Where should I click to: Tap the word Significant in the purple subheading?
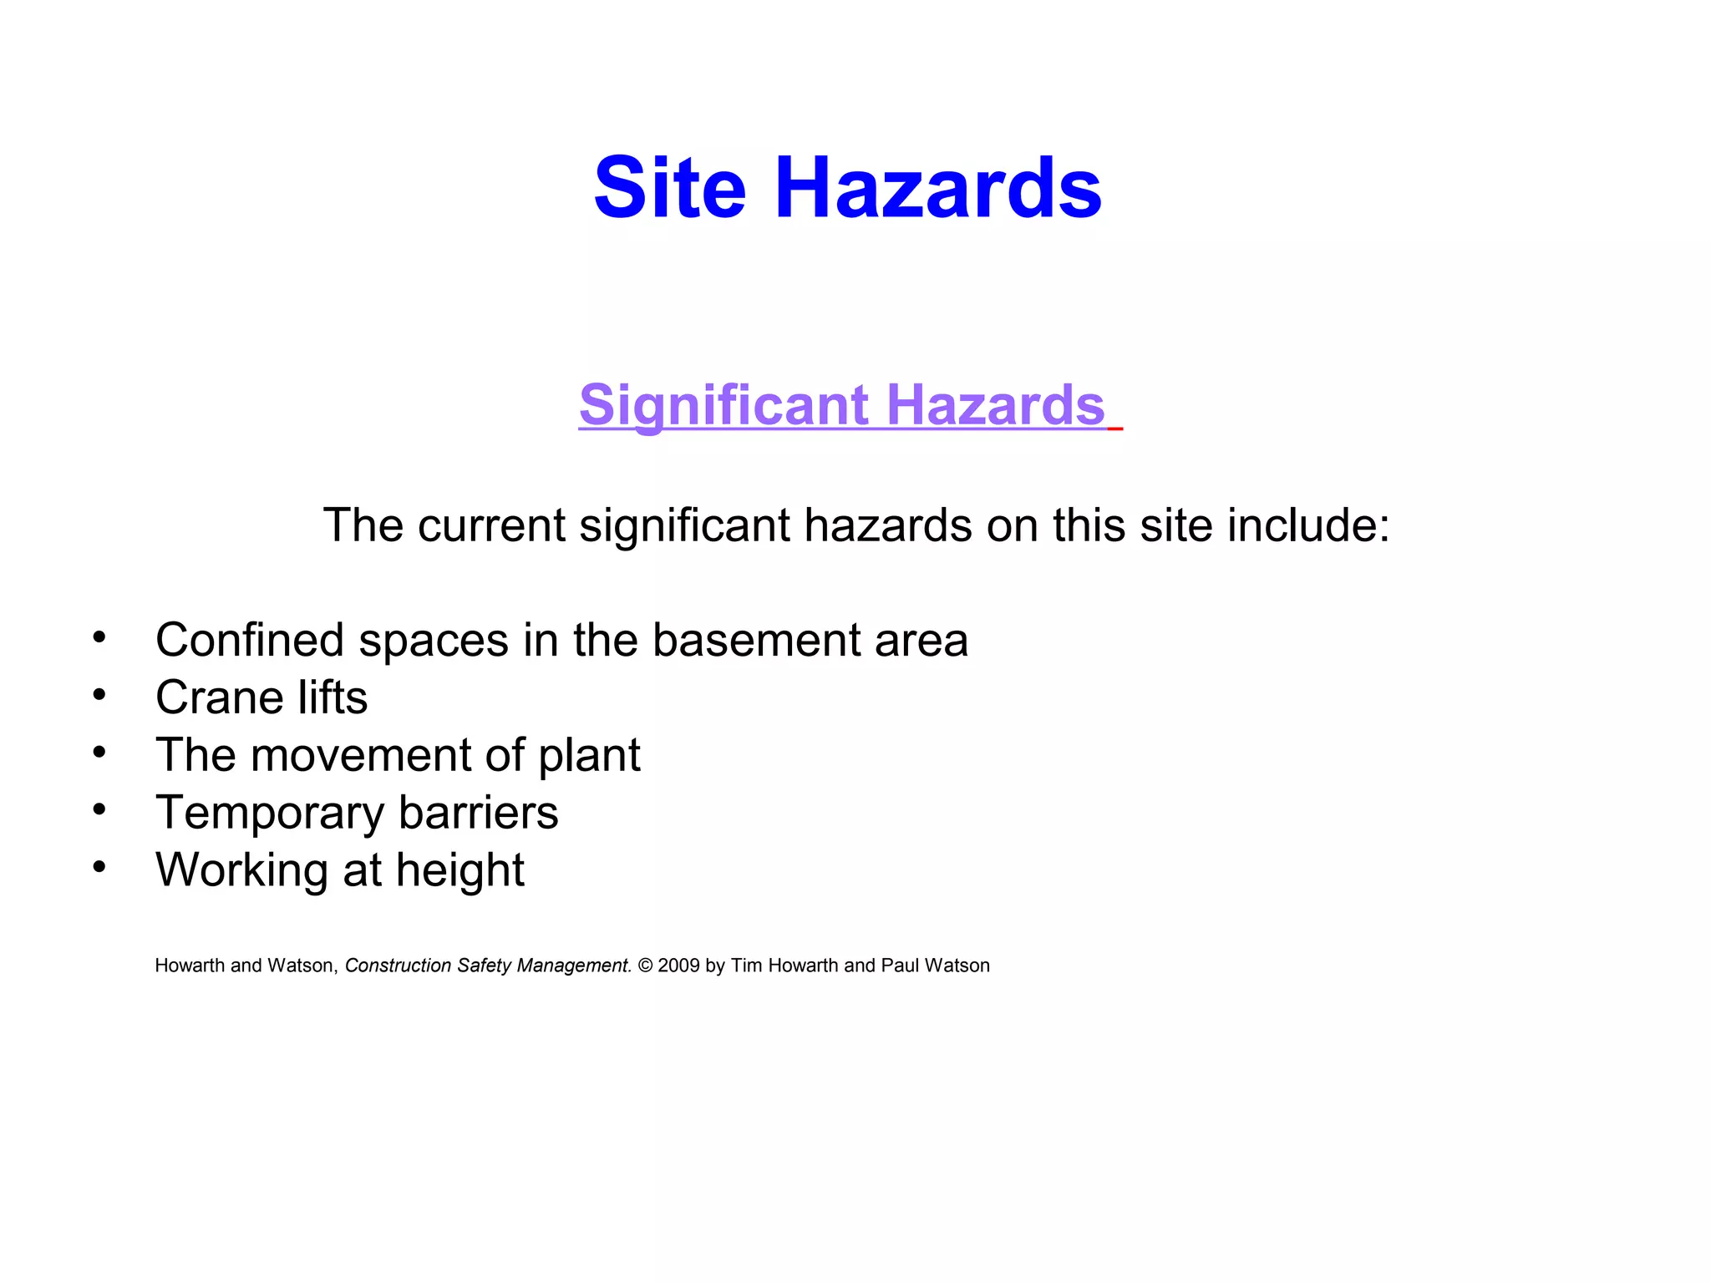coord(724,405)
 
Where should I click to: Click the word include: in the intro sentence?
coord(1307,525)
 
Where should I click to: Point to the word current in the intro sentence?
coord(492,525)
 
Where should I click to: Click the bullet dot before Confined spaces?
coord(99,637)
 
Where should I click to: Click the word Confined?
coord(250,641)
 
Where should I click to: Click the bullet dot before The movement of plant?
coord(99,753)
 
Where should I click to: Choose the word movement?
coord(360,756)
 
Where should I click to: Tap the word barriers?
coord(478,813)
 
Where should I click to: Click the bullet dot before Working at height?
coord(99,868)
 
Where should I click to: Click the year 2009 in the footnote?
coord(678,966)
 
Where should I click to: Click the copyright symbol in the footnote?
coord(645,966)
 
